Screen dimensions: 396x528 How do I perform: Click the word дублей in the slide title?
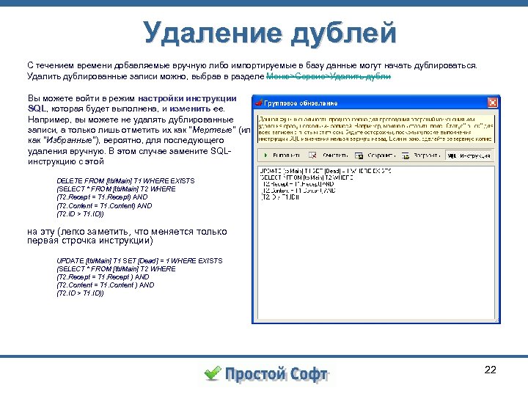pyautogui.click(x=344, y=32)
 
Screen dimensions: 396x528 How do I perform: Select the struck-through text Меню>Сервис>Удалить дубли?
pyautogui.click(x=329, y=76)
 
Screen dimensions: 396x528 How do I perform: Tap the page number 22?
pyautogui.click(x=491, y=369)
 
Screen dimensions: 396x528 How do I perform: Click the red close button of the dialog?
pyautogui.click(x=493, y=102)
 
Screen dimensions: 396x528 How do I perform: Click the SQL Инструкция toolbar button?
pyautogui.click(x=469, y=155)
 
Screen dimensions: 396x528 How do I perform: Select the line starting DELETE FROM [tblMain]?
pyautogui.click(x=125, y=180)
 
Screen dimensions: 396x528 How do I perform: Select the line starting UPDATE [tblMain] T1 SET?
pyautogui.click(x=139, y=260)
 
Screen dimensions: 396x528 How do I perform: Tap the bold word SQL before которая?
pyautogui.click(x=37, y=108)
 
